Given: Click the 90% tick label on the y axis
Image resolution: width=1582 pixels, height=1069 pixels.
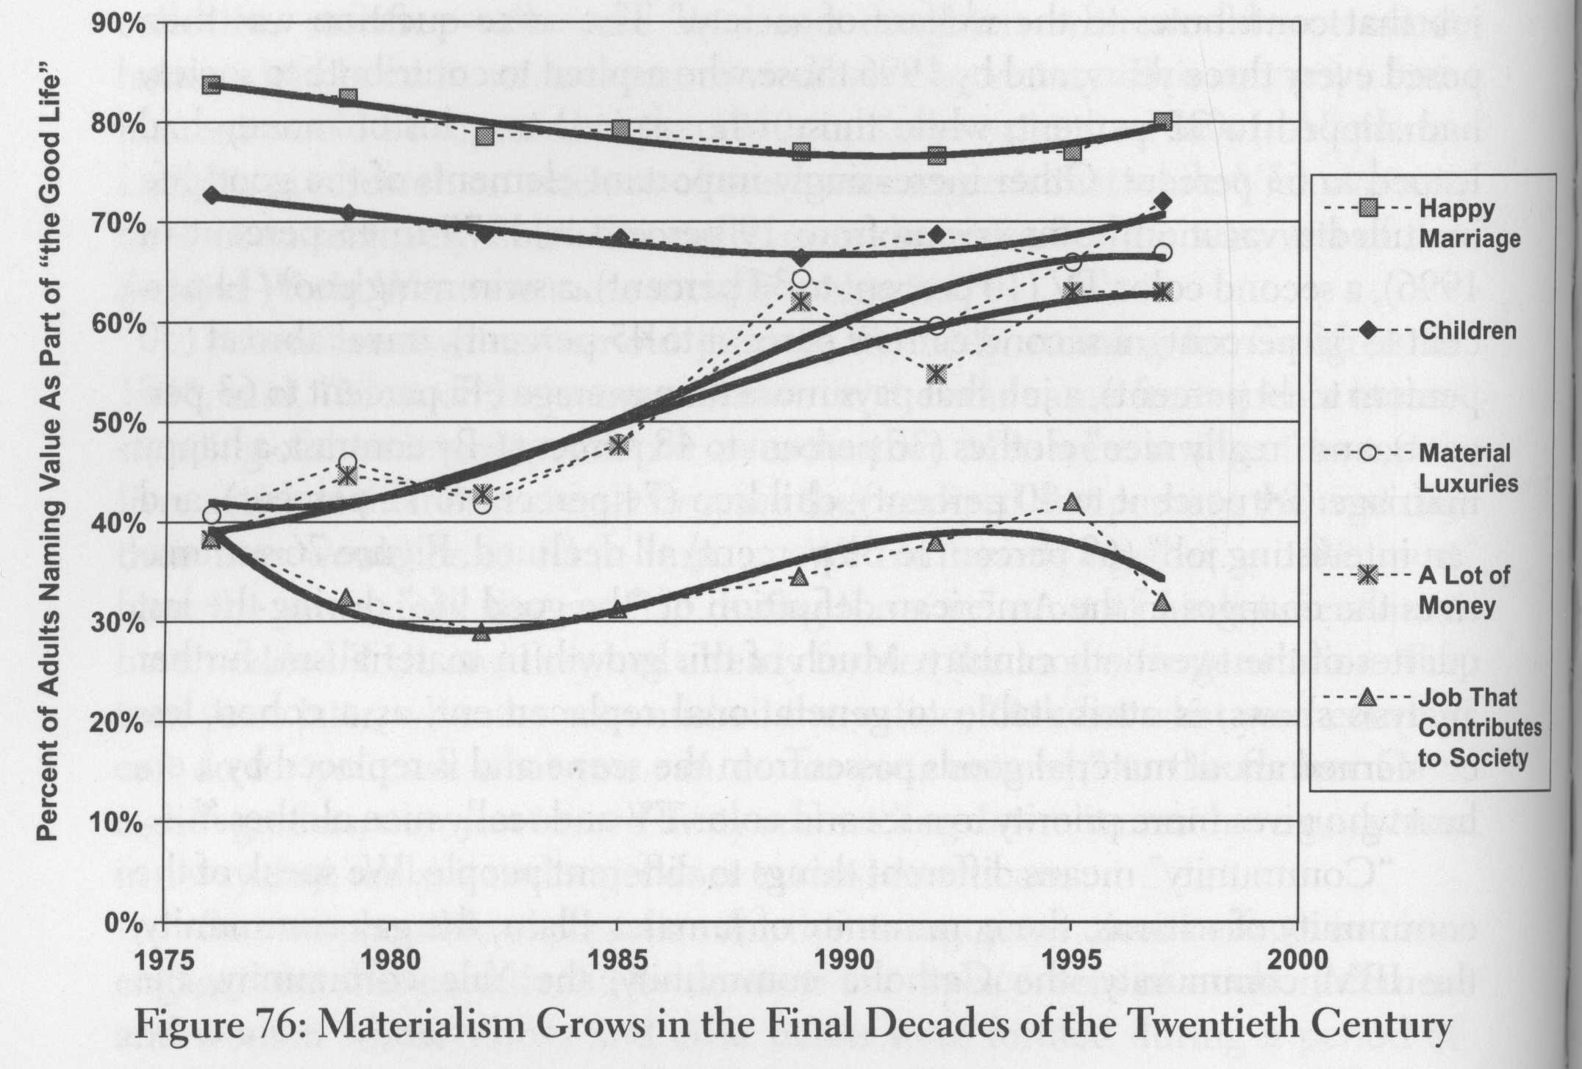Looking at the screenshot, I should tap(118, 24).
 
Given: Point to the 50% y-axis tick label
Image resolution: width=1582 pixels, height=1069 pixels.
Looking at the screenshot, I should tap(118, 423).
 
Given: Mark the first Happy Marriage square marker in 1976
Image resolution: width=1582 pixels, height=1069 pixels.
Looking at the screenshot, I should tap(212, 85).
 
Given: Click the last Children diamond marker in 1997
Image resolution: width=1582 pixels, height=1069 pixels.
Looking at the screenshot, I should tap(1163, 201).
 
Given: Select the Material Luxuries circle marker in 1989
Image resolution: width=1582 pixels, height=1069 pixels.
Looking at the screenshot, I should tap(801, 279).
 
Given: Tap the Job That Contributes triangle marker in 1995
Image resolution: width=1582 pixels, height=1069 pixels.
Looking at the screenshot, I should tap(1073, 503).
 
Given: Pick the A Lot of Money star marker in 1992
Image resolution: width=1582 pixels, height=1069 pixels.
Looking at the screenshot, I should tap(936, 373).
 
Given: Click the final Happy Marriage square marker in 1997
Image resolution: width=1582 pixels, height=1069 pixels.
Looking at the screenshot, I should tap(1163, 121).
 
